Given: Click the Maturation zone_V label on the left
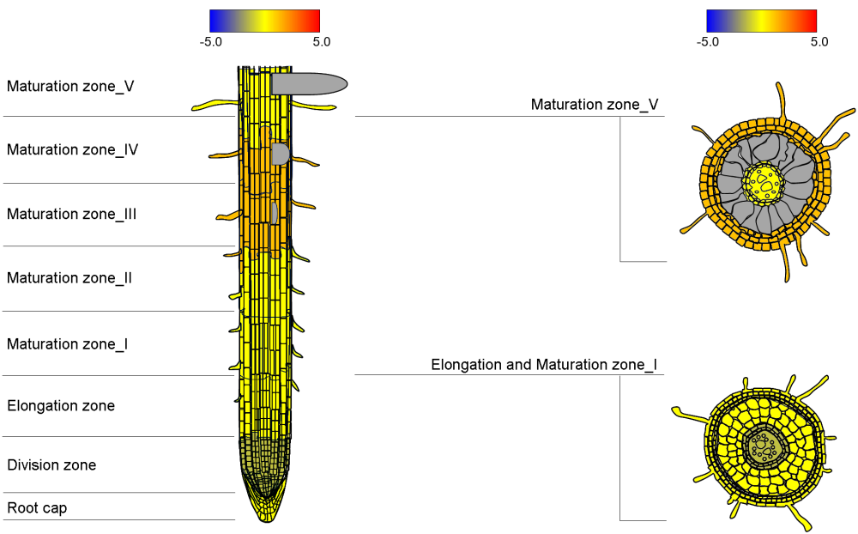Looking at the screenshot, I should (x=70, y=86).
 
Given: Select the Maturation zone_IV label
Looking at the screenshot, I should (x=73, y=149).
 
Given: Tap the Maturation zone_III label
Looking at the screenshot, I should (x=72, y=214).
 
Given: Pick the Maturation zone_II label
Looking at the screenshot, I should (x=69, y=278).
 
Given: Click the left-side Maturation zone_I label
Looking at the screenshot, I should (x=68, y=344).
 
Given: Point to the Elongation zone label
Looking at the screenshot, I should (x=61, y=405).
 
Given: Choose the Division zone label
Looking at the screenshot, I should (x=51, y=465).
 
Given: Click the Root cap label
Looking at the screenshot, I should (x=37, y=508).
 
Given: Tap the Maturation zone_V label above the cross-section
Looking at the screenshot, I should (x=595, y=105).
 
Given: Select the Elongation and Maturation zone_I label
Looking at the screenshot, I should (x=544, y=365).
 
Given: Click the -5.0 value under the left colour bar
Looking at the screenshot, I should (x=210, y=41).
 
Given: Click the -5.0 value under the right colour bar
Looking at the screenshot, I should (x=707, y=41).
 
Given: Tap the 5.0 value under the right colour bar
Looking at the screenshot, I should (x=819, y=41).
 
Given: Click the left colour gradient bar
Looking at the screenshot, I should (x=264, y=21).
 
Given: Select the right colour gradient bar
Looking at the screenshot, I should (x=761, y=21).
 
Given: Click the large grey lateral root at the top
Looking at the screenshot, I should (x=309, y=83).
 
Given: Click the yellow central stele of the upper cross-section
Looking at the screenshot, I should (x=762, y=183).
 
